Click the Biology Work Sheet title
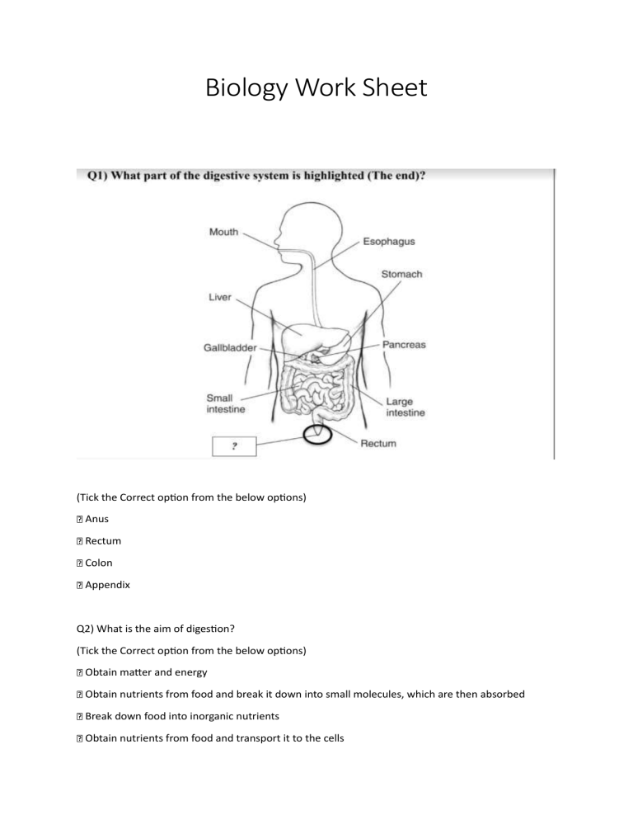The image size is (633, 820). point(316,87)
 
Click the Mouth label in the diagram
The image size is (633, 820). point(223,232)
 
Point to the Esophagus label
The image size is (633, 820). point(388,242)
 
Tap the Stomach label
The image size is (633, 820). point(401,274)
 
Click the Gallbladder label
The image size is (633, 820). point(229,348)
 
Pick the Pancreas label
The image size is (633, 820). point(403,344)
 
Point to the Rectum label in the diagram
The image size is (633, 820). point(378,443)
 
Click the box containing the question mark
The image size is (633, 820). point(234,446)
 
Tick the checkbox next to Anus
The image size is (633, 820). point(79,519)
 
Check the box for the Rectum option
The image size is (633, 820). point(79,541)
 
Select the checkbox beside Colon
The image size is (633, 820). point(79,563)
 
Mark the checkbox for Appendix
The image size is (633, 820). point(79,586)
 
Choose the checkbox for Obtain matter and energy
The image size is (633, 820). point(79,672)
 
